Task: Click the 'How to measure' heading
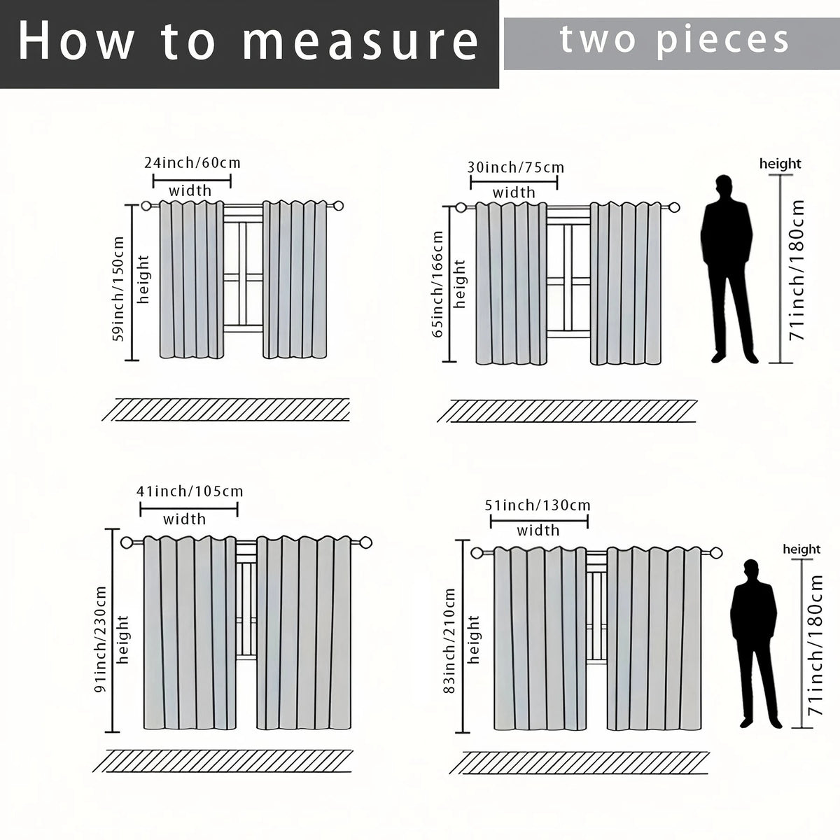pyautogui.click(x=248, y=42)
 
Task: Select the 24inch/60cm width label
pyautogui.click(x=192, y=163)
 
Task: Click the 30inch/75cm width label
pyautogui.click(x=516, y=167)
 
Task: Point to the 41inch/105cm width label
pyautogui.click(x=190, y=491)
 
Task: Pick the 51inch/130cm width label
pyautogui.click(x=538, y=505)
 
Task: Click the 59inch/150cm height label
pyautogui.click(x=118, y=289)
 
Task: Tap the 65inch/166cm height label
pyautogui.click(x=437, y=284)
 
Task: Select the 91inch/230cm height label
pyautogui.click(x=100, y=640)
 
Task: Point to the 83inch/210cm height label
pyautogui.click(x=449, y=640)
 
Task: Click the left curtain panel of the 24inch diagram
pyautogui.click(x=192, y=280)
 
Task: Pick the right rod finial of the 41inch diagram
pyautogui.click(x=365, y=542)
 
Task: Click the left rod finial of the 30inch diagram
pyautogui.click(x=461, y=208)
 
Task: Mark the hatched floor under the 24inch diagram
pyautogui.click(x=226, y=409)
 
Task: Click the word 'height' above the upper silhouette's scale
pyautogui.click(x=780, y=164)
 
